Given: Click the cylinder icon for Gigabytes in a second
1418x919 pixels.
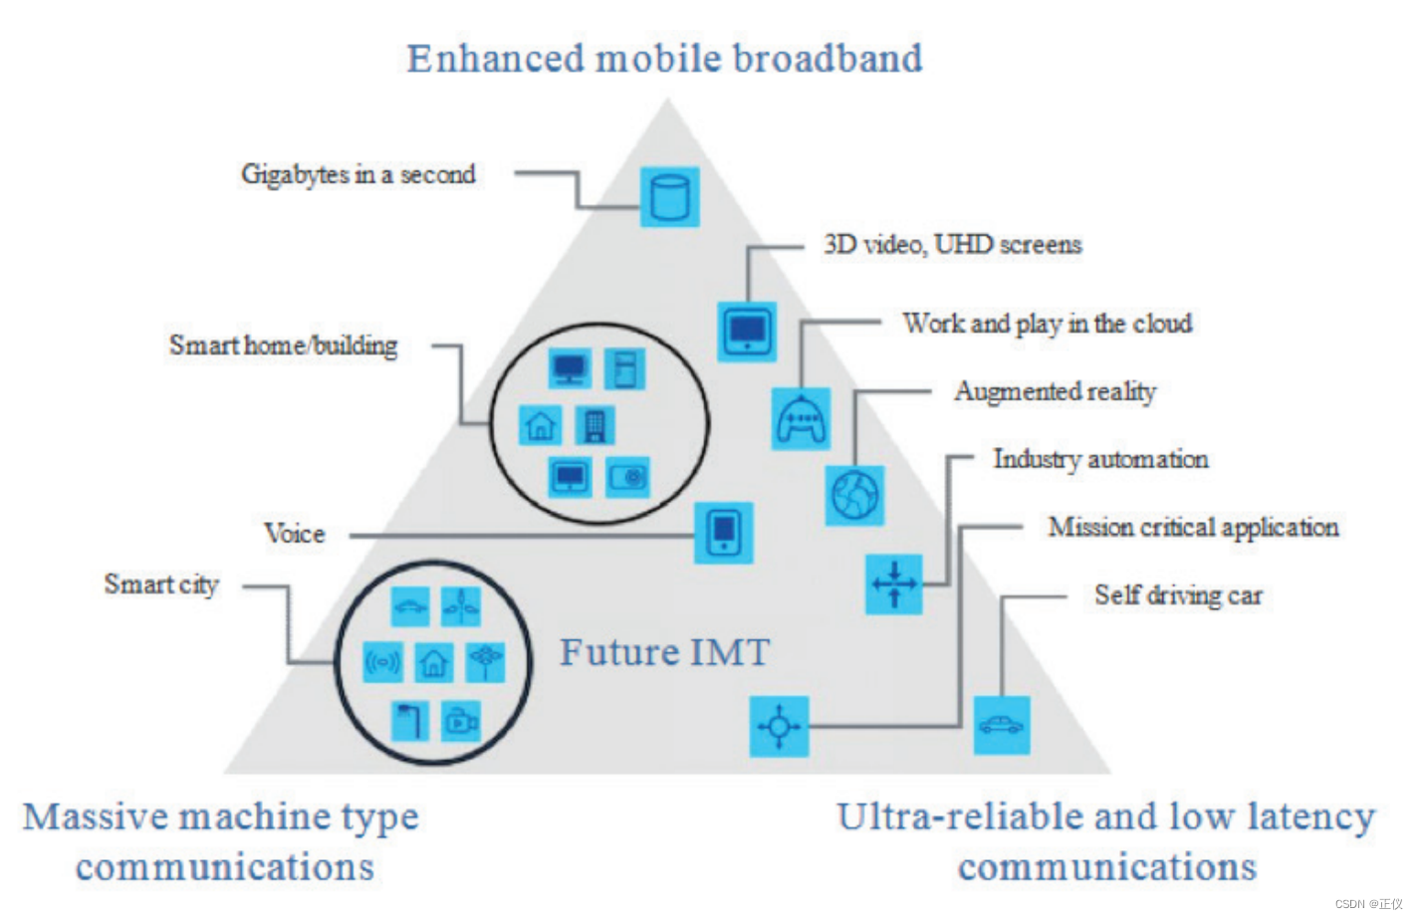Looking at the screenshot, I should click(669, 197).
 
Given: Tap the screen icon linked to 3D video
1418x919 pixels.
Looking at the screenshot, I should click(747, 332).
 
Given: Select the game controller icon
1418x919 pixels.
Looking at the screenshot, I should click(801, 418).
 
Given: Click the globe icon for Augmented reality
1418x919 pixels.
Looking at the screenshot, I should click(854, 495).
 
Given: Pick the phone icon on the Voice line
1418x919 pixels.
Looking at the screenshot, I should click(723, 533).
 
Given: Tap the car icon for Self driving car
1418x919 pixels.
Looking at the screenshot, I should click(1001, 725).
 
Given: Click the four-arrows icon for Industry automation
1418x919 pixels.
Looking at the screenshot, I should click(893, 583).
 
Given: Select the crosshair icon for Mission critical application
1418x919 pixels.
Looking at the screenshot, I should click(779, 726).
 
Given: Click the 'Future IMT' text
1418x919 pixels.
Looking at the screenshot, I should click(664, 653).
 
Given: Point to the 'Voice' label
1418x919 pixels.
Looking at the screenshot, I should click(295, 534).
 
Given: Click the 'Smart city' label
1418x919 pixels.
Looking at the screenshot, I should click(161, 584).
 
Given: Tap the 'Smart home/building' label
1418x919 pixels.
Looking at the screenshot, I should click(284, 345).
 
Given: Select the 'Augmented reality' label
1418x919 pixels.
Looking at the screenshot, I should click(1056, 391).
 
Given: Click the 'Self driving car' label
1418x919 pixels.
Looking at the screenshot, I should click(1178, 595).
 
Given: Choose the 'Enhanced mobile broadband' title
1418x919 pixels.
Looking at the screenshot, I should click(664, 59).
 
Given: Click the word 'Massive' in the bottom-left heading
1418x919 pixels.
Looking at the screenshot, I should click(96, 816).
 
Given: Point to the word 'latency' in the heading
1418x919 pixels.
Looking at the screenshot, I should click(1310, 816).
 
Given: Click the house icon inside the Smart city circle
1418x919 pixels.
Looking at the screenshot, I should click(433, 662).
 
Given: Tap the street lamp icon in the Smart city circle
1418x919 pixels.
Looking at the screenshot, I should click(409, 721).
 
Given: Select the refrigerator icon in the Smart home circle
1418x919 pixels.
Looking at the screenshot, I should click(624, 369).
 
